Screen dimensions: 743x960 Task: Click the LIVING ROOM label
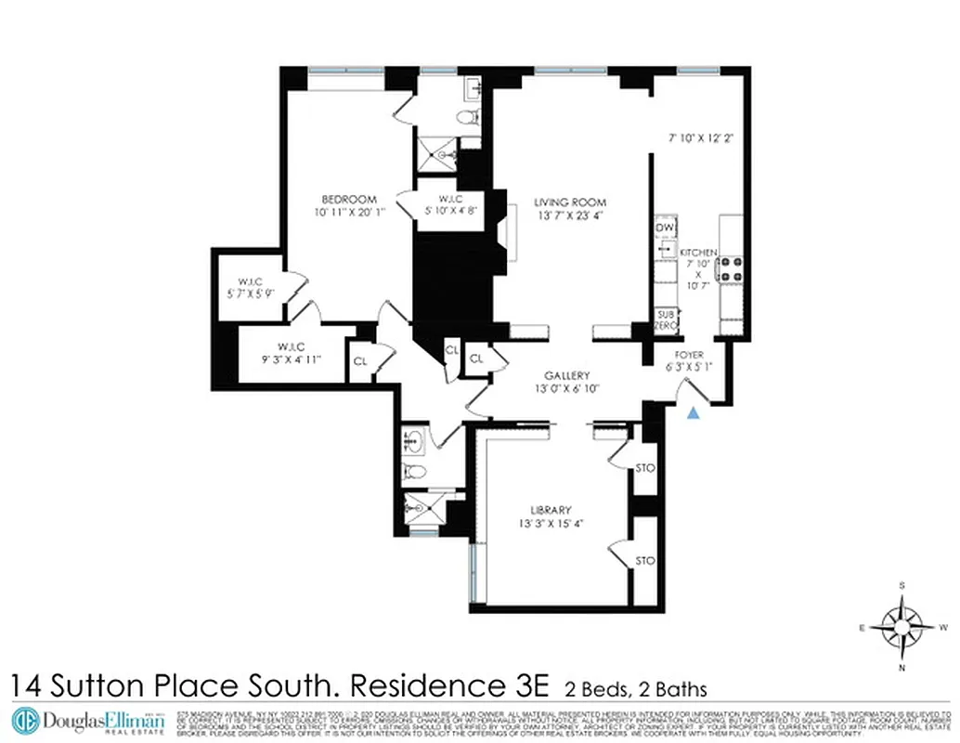click(x=569, y=202)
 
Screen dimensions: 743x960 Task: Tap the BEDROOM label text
click(x=349, y=199)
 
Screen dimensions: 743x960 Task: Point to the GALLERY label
click(x=567, y=375)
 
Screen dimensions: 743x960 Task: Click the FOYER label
click(x=689, y=355)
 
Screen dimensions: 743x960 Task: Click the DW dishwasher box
click(x=665, y=228)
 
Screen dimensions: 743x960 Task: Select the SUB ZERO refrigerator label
click(x=666, y=321)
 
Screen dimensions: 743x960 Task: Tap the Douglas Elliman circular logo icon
click(x=25, y=721)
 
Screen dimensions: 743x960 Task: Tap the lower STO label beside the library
click(x=644, y=560)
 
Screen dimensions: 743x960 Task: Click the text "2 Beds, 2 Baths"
click(x=636, y=689)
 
